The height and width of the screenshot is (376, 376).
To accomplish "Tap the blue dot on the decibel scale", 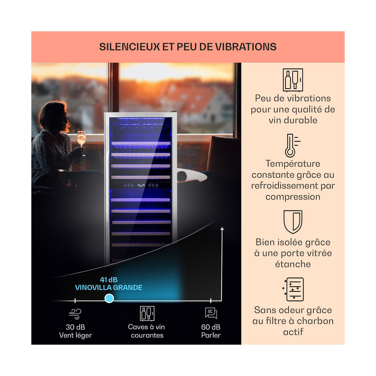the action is (x=109, y=298).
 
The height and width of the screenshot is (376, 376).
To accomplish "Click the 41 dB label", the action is (x=109, y=280).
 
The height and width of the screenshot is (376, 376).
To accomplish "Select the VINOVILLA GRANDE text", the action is (x=109, y=287).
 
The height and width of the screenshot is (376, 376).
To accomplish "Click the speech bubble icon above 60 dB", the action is (x=211, y=313).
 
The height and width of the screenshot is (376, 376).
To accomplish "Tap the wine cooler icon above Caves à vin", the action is (x=147, y=313).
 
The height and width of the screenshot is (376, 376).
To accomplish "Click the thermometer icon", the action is (x=292, y=146).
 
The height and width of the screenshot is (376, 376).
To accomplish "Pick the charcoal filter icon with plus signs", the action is (x=293, y=290).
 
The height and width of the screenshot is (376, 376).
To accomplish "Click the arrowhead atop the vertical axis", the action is (x=222, y=228).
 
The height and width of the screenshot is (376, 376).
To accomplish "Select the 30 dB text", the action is (x=75, y=327).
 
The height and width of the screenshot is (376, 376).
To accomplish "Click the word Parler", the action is (x=211, y=335).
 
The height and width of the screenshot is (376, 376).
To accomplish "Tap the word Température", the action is (x=293, y=164).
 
